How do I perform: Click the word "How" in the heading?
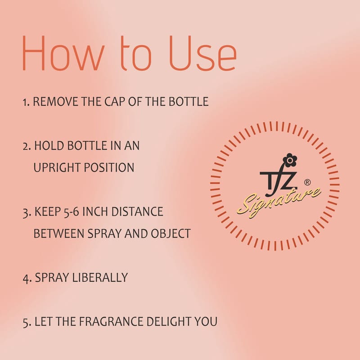63,53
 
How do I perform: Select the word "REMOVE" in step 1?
55,102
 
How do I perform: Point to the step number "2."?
27,146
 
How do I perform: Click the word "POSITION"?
109,167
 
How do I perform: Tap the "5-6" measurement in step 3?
71,211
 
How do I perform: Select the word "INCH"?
95,211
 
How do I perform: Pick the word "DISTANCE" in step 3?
137,211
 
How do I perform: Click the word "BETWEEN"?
58,234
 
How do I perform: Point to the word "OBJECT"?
171,234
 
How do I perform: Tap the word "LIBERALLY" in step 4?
100,277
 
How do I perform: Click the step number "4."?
27,278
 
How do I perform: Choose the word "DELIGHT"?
169,321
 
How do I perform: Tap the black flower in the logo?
290,160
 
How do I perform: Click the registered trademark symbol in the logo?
307,182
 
